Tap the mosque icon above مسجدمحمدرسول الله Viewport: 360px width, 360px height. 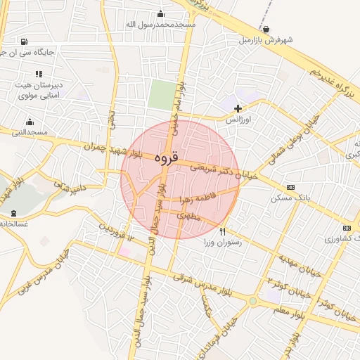(161, 13)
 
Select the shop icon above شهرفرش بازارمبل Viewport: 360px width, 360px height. (266, 29)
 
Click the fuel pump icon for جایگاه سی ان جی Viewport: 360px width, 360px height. (25, 41)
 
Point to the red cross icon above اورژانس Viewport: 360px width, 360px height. (238, 108)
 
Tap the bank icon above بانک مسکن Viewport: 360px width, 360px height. (291, 187)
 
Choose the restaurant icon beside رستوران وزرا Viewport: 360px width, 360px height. (222, 231)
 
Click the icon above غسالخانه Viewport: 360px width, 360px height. (13, 212)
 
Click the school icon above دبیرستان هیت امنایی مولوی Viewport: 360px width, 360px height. (39, 73)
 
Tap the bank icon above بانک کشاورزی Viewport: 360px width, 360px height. (346, 228)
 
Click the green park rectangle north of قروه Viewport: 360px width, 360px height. (163, 96)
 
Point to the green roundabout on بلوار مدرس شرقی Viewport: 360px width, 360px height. (252, 301)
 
